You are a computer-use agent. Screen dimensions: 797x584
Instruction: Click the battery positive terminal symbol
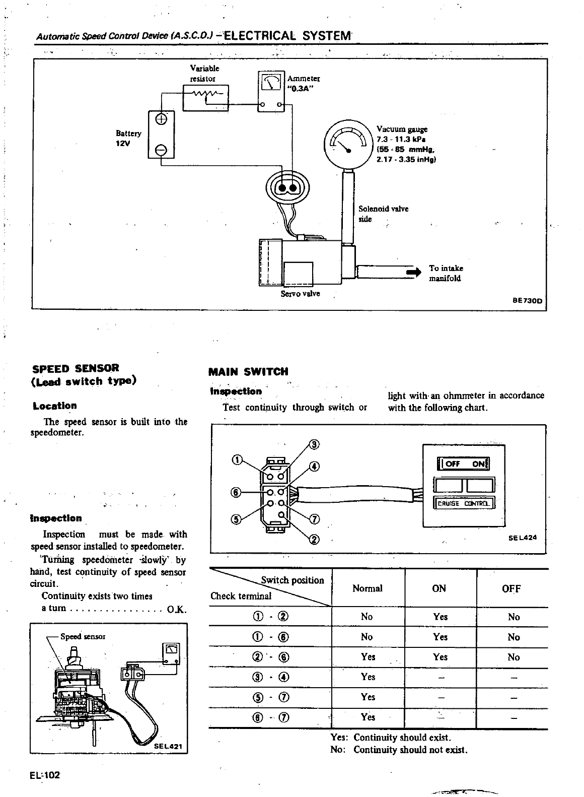pos(161,119)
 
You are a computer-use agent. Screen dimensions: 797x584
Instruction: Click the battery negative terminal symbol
pos(161,150)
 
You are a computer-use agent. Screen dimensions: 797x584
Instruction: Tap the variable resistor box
pos(205,97)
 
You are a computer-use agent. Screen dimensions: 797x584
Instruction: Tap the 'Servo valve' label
pos(300,294)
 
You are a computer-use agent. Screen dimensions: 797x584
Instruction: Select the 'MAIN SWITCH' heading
pos(248,372)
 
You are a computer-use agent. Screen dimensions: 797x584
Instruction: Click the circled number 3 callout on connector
pos(315,444)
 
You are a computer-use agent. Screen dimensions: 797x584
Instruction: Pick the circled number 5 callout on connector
pos(235,520)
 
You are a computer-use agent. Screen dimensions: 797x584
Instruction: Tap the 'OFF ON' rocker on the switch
pos(464,464)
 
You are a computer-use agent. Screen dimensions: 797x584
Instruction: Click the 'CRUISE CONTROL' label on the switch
pos(464,503)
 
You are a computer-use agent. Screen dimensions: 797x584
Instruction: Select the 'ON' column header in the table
pos(439,588)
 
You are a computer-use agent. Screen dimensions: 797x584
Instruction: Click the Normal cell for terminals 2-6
pos(368,657)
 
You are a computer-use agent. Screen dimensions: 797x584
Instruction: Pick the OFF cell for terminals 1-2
pos(514,617)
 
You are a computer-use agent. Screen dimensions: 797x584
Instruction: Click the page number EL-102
pos(45,775)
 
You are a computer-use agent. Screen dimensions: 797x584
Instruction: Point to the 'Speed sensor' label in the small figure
pos(83,636)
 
